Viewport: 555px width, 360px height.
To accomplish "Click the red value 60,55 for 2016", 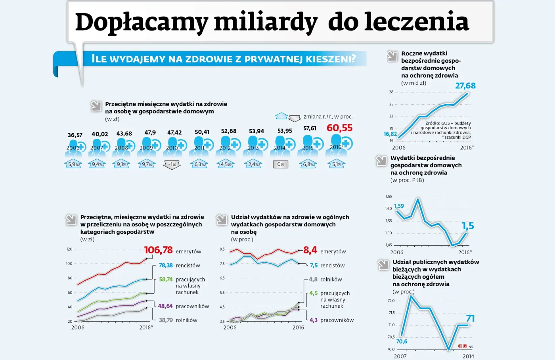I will click(x=339, y=128).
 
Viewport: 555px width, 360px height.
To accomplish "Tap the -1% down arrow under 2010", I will click(x=172, y=165).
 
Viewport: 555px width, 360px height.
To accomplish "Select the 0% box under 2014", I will click(x=281, y=165).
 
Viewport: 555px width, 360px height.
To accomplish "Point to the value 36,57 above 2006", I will click(x=75, y=135).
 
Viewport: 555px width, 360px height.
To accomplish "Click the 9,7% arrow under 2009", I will click(x=147, y=165).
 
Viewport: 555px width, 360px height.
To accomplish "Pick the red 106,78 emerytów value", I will click(x=158, y=250).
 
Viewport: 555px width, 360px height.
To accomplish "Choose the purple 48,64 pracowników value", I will click(x=165, y=306).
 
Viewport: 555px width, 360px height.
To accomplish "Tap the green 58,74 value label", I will click(x=166, y=280).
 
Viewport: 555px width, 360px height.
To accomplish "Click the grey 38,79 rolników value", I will click(x=166, y=320).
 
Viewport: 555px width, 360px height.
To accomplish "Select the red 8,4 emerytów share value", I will click(x=310, y=250).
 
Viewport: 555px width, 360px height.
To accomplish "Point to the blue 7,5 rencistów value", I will click(x=314, y=266).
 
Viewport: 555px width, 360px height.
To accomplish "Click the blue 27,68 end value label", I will click(x=465, y=86).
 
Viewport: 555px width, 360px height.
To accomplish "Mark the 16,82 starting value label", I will click(x=390, y=134).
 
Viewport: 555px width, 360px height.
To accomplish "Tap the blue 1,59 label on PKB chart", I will click(x=399, y=206).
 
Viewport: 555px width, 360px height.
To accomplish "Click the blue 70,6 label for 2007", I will click(x=402, y=341).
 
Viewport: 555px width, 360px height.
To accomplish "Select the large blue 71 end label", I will click(x=470, y=319).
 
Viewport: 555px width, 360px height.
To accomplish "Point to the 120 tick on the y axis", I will click(x=69, y=249).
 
